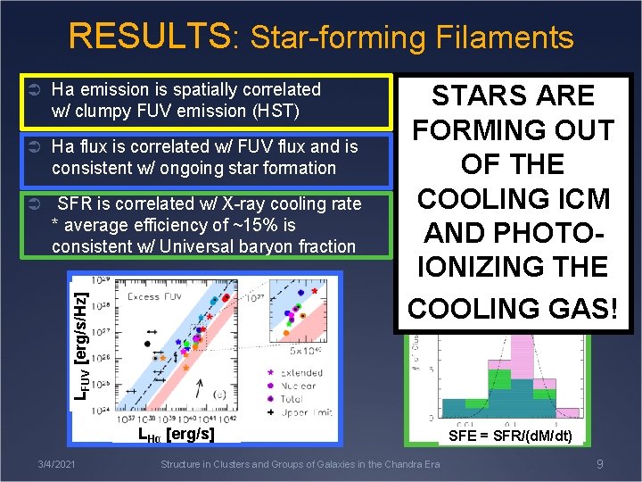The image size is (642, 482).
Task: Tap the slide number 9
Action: click(x=600, y=463)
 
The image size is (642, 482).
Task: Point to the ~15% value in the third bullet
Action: click(x=236, y=225)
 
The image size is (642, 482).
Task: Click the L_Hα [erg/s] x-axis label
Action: click(x=176, y=434)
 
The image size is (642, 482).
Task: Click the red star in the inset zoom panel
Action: click(x=313, y=292)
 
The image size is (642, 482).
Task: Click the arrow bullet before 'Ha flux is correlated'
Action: click(x=33, y=146)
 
